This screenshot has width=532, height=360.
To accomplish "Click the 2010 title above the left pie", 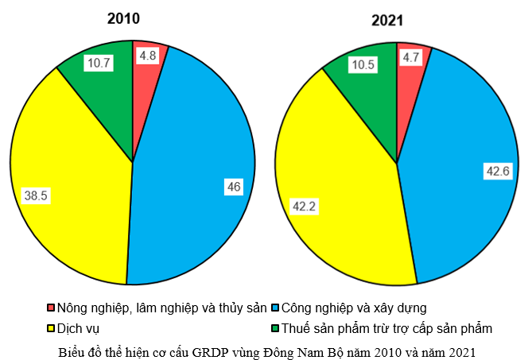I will (123, 18).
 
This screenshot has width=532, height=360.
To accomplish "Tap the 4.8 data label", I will (147, 56).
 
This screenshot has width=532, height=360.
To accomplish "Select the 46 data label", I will (234, 186).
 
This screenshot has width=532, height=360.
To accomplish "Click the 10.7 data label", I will (100, 63).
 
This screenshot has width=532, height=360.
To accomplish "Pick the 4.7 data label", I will (411, 57).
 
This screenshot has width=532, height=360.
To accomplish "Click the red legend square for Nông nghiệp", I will (52, 308).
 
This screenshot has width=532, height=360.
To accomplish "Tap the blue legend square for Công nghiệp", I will (276, 308).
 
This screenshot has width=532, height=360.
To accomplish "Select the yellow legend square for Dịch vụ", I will (52, 327).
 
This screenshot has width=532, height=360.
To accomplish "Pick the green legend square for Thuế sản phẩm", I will (276, 327).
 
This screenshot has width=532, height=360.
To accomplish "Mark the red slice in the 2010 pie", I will (144, 72).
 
